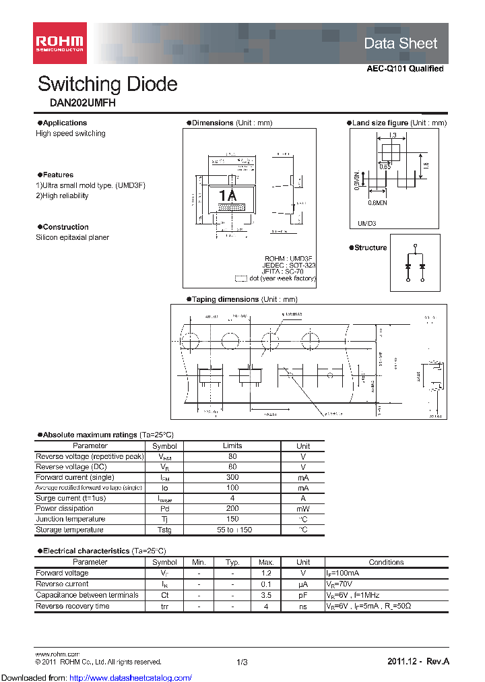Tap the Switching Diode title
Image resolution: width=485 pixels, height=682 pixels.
[x=108, y=84]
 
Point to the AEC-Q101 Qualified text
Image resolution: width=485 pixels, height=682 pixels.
[x=405, y=69]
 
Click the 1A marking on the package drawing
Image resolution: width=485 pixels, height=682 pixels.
[x=228, y=195]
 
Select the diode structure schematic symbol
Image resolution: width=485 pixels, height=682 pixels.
[x=415, y=263]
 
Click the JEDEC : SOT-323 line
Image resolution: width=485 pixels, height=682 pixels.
[x=290, y=265]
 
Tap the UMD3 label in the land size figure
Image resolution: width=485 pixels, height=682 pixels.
[x=367, y=223]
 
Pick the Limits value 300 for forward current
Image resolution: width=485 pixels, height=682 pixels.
[x=232, y=477]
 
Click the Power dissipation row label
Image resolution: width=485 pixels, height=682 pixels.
[x=65, y=509]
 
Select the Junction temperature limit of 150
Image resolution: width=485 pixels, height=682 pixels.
[x=232, y=519]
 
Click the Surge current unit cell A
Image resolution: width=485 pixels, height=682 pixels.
[x=303, y=498]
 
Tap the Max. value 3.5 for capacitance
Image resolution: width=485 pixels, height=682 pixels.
[x=266, y=595]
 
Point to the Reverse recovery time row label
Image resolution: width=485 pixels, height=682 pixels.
[x=72, y=606]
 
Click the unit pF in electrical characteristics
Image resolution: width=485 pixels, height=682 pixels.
[x=303, y=595]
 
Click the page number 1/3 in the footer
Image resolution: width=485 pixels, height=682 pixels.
[x=243, y=662]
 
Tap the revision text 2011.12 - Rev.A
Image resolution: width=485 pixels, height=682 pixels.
[x=418, y=662]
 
